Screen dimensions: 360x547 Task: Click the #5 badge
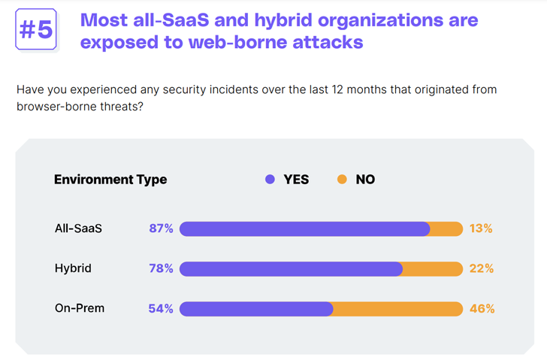35,30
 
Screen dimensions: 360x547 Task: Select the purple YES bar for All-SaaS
304,228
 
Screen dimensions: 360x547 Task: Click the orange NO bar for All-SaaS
447,228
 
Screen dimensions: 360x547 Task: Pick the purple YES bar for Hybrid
291,268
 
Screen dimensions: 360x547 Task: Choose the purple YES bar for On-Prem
255,308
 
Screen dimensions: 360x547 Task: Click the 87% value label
162,228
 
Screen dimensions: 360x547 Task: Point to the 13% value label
481,228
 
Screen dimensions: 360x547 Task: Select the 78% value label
162,268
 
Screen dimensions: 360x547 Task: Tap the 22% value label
482,268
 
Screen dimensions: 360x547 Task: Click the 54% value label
162,308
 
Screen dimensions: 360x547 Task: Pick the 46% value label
482,308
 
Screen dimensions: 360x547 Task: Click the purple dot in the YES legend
270,180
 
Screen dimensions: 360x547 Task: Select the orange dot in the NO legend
343,180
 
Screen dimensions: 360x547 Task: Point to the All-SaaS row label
78,228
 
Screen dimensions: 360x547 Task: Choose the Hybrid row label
73,268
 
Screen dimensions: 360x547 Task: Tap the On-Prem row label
79,308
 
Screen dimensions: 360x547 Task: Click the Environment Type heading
110,180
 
